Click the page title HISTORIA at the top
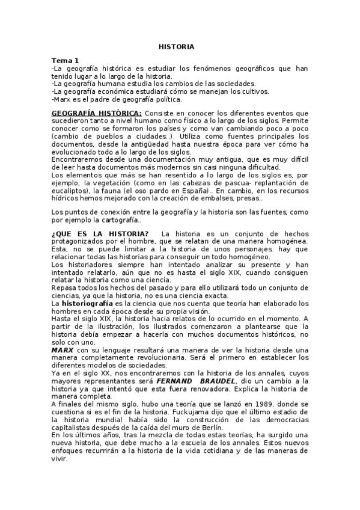(176, 46)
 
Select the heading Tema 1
(65, 60)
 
